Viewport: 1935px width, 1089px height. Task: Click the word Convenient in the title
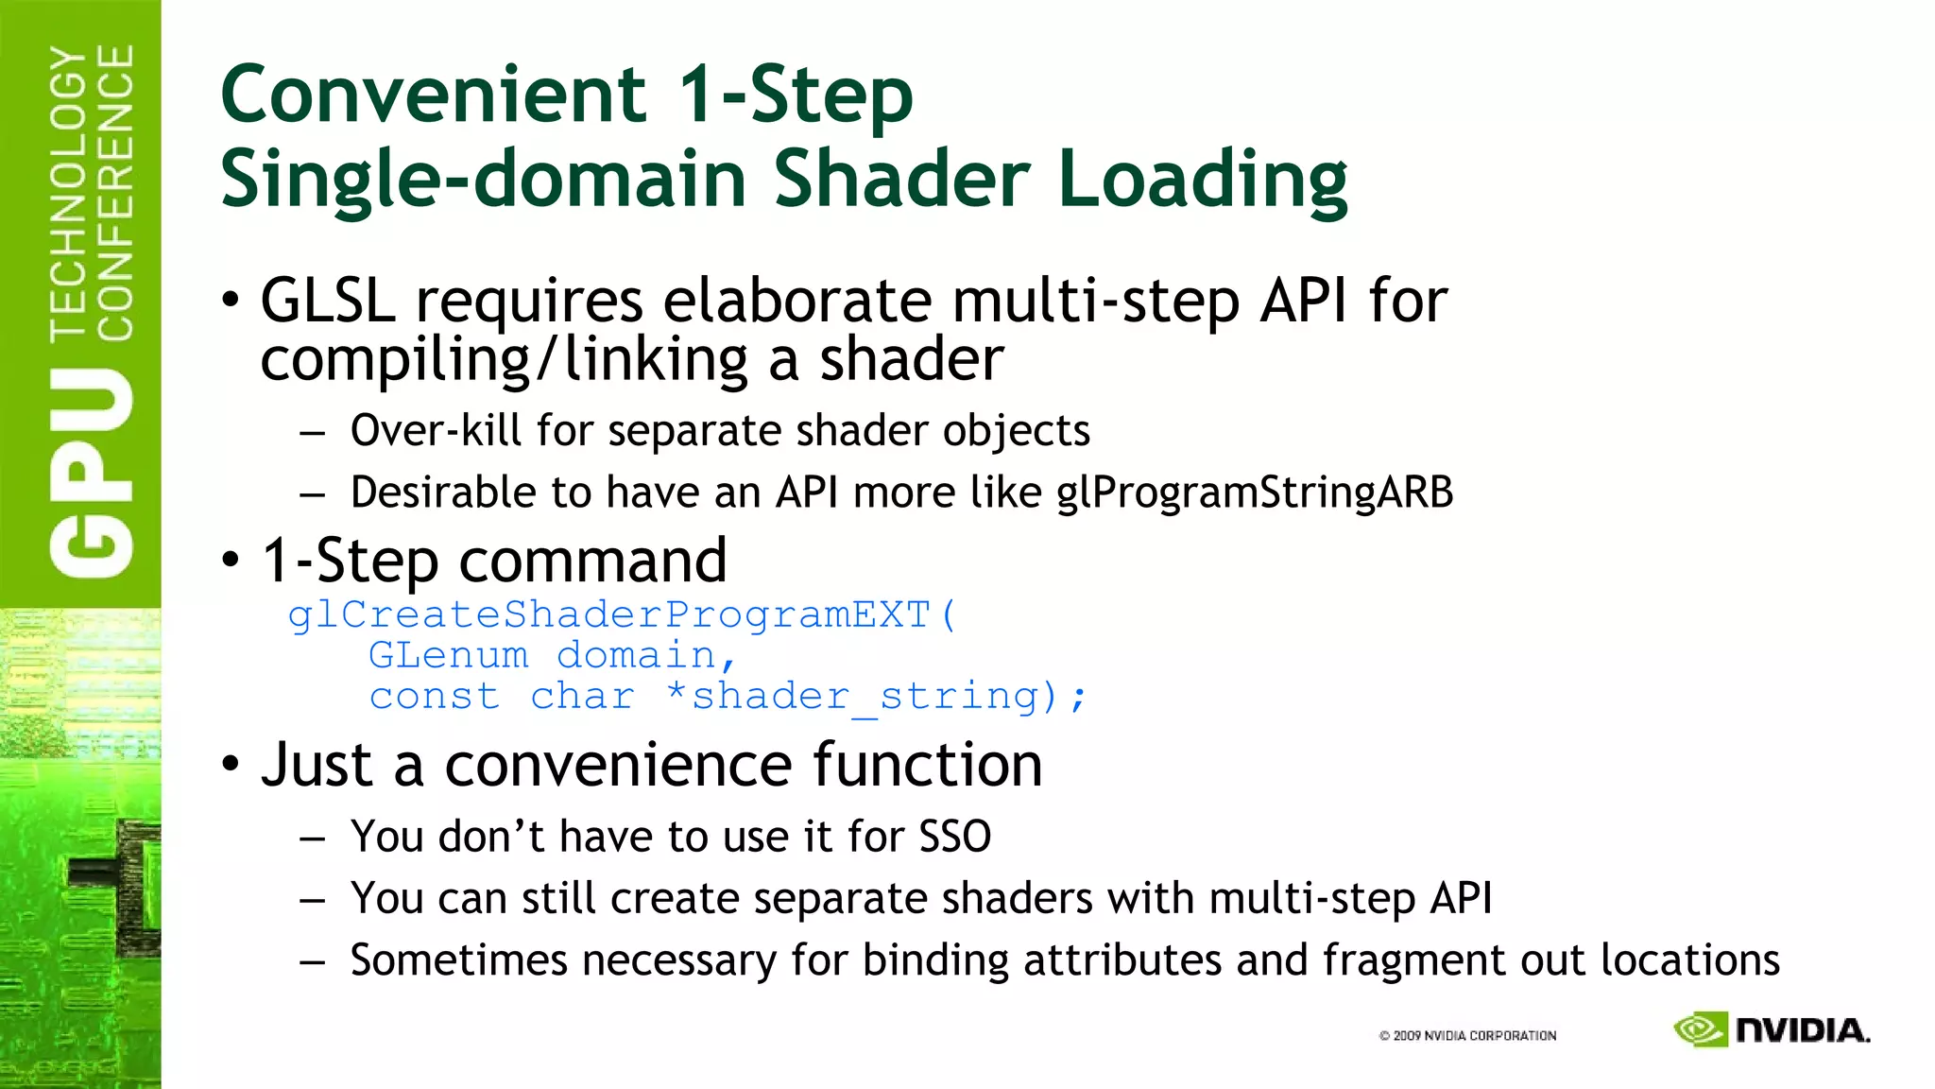[433, 95]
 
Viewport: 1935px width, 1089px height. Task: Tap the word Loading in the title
[1203, 180]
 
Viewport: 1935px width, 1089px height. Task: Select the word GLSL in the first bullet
[327, 301]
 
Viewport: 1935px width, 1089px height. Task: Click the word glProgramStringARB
[1254, 493]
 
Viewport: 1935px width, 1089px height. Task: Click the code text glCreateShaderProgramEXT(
[623, 615]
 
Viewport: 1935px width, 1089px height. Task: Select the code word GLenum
[448, 655]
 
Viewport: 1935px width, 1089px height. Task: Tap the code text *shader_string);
[876, 697]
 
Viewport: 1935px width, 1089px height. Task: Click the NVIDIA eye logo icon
[1700, 1029]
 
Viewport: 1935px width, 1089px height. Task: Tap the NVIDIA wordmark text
[1802, 1030]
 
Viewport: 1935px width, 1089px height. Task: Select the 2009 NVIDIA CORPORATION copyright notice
[1467, 1036]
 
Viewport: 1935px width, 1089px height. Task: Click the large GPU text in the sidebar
[92, 473]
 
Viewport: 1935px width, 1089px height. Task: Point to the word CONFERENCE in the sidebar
[115, 194]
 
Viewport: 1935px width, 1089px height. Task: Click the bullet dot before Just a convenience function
[231, 764]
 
